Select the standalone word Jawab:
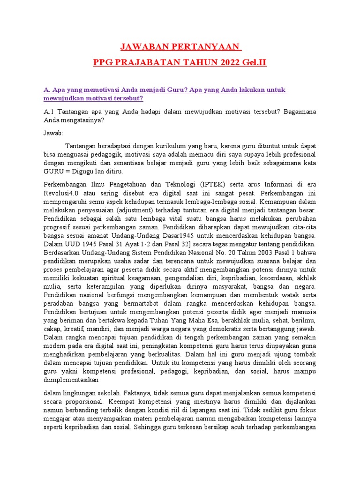(x=53, y=133)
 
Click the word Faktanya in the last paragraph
(x=140, y=393)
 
